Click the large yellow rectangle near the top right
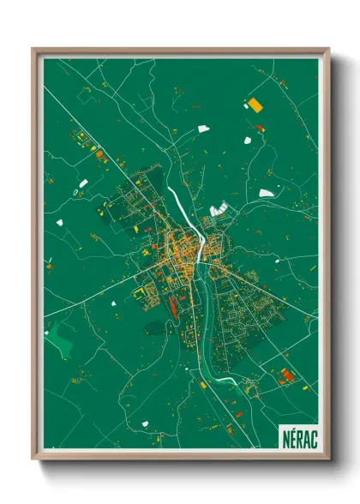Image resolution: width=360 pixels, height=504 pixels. pos(254,105)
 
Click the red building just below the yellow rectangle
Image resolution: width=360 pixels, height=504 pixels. pos(260,129)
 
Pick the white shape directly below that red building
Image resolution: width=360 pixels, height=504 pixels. pos(247,140)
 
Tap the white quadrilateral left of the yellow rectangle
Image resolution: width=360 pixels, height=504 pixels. pos(203,129)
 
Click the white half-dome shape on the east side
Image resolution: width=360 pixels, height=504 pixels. pos(267,193)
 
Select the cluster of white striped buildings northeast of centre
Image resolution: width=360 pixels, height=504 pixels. pos(219,207)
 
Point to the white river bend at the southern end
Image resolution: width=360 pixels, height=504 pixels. pos(225,378)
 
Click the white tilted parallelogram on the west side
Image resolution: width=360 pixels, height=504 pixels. pos(82,183)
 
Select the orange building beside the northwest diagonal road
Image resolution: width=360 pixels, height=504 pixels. pos(99,155)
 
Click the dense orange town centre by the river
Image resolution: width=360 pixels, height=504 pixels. pos(182,248)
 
